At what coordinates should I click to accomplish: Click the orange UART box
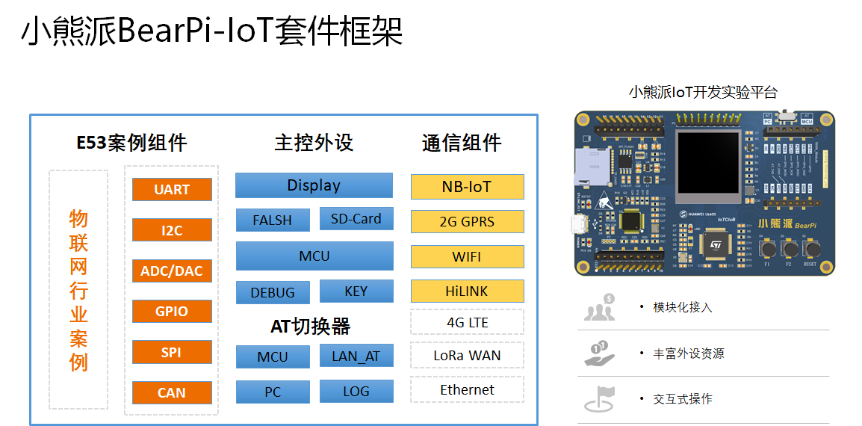pyautogui.click(x=172, y=189)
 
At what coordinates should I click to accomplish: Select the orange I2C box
pyautogui.click(x=172, y=230)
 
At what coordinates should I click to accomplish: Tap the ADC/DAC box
pyautogui.click(x=172, y=271)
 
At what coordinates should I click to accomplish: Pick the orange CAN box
pyautogui.click(x=172, y=392)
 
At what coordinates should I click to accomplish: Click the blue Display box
pyautogui.click(x=314, y=185)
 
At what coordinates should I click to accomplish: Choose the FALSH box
pyautogui.click(x=272, y=220)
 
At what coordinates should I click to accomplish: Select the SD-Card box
pyautogui.click(x=356, y=219)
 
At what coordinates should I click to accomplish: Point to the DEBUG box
pyautogui.click(x=273, y=292)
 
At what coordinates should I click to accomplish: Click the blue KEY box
pyautogui.click(x=356, y=291)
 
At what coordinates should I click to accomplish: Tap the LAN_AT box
pyautogui.click(x=356, y=356)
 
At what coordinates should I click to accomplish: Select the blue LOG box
pyautogui.click(x=356, y=391)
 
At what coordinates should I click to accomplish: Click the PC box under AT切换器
pyautogui.click(x=273, y=392)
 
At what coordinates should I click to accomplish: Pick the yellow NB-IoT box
pyautogui.click(x=467, y=187)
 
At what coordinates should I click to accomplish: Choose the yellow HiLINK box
pyautogui.click(x=467, y=291)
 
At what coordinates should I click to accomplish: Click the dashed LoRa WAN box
pyautogui.click(x=467, y=356)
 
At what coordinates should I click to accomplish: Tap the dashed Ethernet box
pyautogui.click(x=467, y=389)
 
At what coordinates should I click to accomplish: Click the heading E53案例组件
pyautogui.click(x=132, y=143)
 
